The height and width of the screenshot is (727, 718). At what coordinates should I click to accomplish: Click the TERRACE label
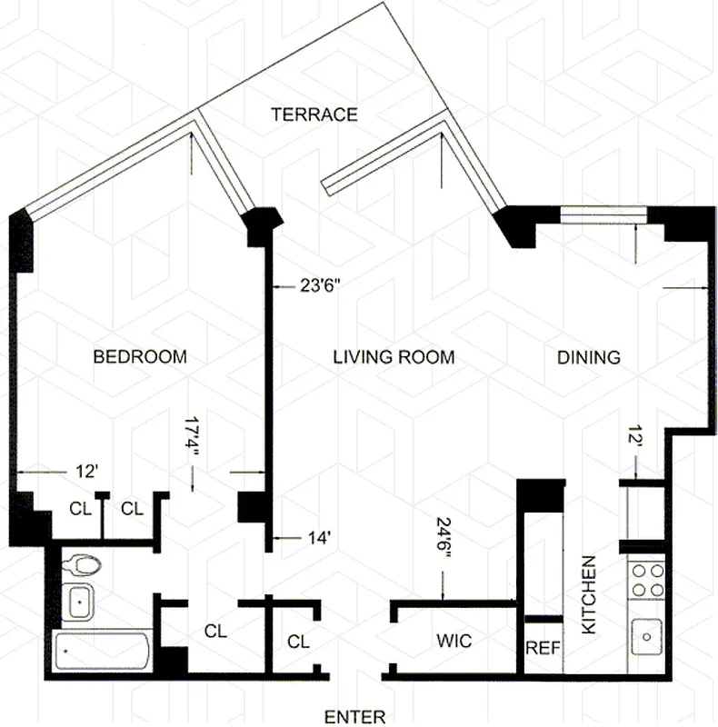click(314, 115)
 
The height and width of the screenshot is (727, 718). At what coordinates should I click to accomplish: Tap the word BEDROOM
click(140, 357)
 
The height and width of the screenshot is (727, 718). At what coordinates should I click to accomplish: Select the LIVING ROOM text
click(393, 357)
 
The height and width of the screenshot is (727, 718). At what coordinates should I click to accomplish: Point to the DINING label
click(588, 357)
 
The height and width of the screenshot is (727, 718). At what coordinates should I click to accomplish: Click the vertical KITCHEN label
click(588, 595)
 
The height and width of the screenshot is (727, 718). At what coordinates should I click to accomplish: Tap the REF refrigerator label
click(543, 650)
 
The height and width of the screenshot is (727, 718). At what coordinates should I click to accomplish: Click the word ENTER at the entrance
click(355, 716)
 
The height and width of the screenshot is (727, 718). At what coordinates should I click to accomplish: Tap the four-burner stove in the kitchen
click(646, 580)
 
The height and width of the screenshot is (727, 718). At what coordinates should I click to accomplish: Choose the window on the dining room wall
click(603, 214)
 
